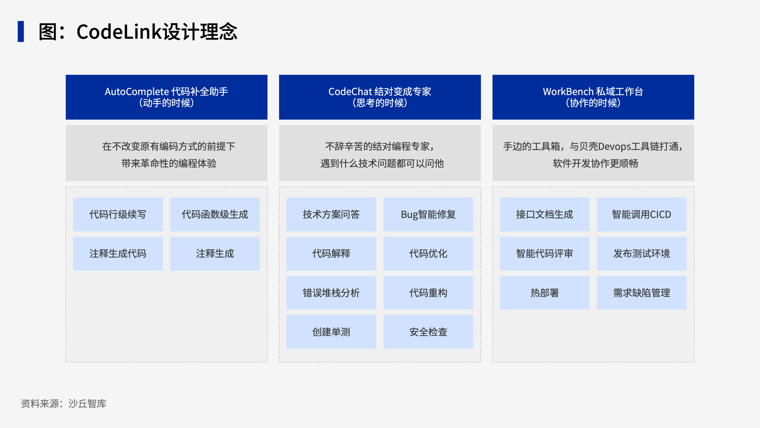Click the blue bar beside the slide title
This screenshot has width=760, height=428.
tap(21, 32)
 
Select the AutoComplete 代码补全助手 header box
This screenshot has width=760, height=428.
tap(166, 97)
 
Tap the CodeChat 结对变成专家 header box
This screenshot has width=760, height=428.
tap(380, 97)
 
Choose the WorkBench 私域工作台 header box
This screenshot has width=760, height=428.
tap(593, 97)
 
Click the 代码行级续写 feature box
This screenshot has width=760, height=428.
tap(118, 214)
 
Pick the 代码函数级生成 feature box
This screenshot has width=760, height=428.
tap(215, 214)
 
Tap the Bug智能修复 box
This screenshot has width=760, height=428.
tap(428, 214)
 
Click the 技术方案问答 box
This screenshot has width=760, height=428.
tap(331, 214)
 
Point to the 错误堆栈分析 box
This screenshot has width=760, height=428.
tap(331, 293)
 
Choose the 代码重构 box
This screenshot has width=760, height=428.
tap(428, 293)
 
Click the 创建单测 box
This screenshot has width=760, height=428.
tap(331, 332)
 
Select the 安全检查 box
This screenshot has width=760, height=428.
tap(428, 332)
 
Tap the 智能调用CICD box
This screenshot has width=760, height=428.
tap(641, 214)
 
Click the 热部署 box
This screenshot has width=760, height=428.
tap(545, 293)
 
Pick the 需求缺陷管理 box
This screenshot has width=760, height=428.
tap(641, 293)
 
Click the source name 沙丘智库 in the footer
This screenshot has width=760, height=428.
tap(87, 403)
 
